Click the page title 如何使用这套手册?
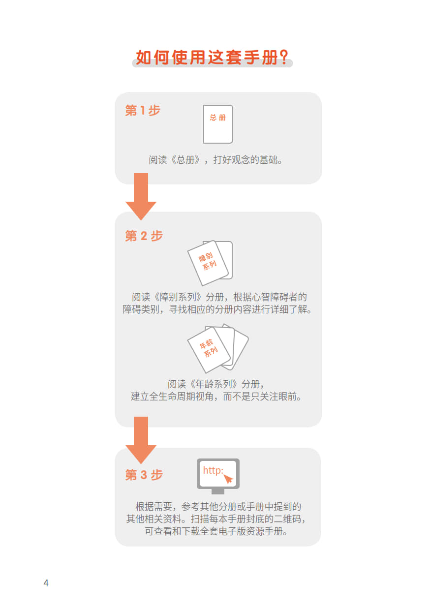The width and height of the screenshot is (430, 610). point(212,57)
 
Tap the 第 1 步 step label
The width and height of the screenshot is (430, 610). point(142,111)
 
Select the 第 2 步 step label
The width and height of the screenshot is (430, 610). point(144,236)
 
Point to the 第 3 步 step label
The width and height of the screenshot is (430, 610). point(144,475)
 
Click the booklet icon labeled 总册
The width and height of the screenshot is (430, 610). point(218,124)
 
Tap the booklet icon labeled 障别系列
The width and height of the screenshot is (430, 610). point(210,263)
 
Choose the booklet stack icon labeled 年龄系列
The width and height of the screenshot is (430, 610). point(217,348)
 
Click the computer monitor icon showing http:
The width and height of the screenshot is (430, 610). point(218,476)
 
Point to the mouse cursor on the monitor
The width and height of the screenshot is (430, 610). point(228,479)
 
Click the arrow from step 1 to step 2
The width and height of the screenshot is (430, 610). point(141,196)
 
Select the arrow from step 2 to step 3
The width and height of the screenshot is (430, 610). point(141,440)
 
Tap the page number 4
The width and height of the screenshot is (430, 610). point(46,583)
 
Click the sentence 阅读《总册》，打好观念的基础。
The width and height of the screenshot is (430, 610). point(215,160)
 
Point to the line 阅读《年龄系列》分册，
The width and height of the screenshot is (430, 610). point(215,384)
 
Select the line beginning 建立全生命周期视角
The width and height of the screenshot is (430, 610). point(216,396)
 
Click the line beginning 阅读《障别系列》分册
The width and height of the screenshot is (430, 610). point(219,297)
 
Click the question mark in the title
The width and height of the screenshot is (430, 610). point(284,57)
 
